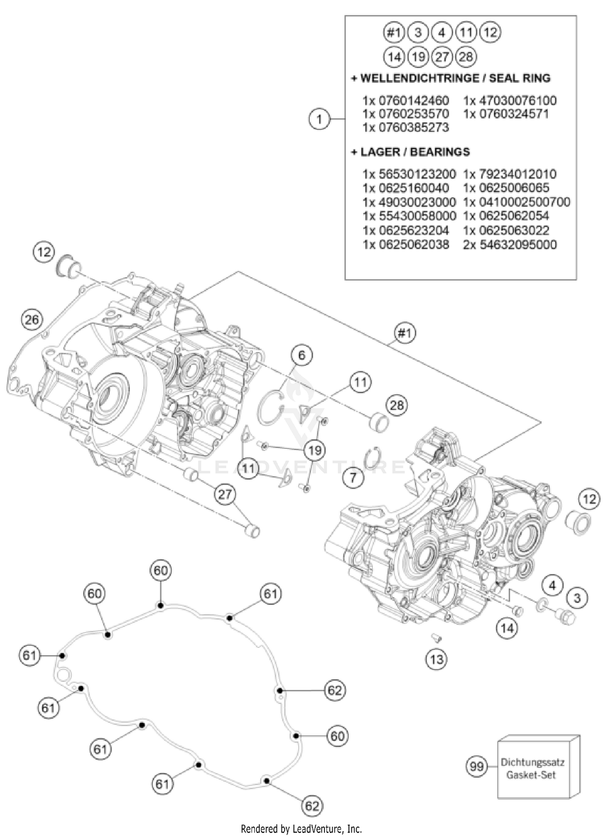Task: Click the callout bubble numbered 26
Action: (32, 319)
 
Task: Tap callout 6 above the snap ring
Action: (301, 355)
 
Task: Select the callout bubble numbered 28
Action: (396, 405)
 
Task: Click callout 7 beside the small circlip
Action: (353, 478)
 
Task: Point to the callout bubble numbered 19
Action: (314, 450)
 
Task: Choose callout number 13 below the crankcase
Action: (436, 659)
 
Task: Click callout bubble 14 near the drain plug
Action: (507, 628)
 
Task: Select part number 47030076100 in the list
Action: (510, 100)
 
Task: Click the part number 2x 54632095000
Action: (510, 244)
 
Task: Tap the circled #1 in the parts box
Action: (394, 33)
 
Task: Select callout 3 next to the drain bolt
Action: (577, 598)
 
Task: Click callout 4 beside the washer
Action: (552, 586)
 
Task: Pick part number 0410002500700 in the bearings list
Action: (517, 202)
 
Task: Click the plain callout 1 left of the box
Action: (319, 119)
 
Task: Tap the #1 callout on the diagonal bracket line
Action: (405, 333)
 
